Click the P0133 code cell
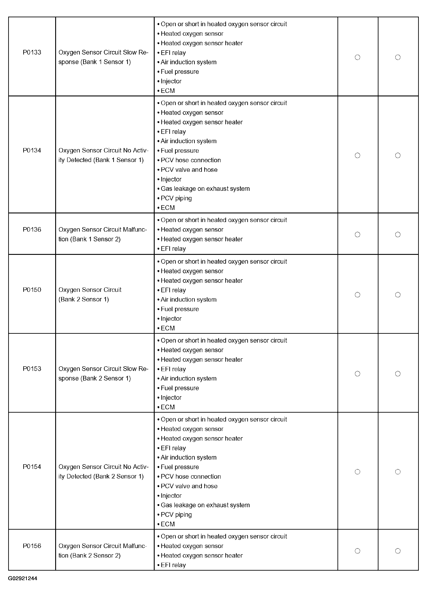32,52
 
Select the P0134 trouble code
32,150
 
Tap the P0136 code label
32,230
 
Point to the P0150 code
32,290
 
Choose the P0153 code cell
32,369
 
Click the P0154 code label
32,467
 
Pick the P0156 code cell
32,546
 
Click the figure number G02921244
23,578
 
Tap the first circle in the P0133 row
357,57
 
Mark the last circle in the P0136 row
398,234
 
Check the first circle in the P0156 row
357,551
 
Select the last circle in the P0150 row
398,295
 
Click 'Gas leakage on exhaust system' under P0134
205,189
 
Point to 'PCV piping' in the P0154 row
176,515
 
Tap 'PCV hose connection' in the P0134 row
191,160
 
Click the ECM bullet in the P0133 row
168,91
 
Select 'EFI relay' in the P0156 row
173,565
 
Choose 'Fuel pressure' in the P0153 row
180,388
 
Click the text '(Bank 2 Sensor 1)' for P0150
84,299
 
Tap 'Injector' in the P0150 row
171,319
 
